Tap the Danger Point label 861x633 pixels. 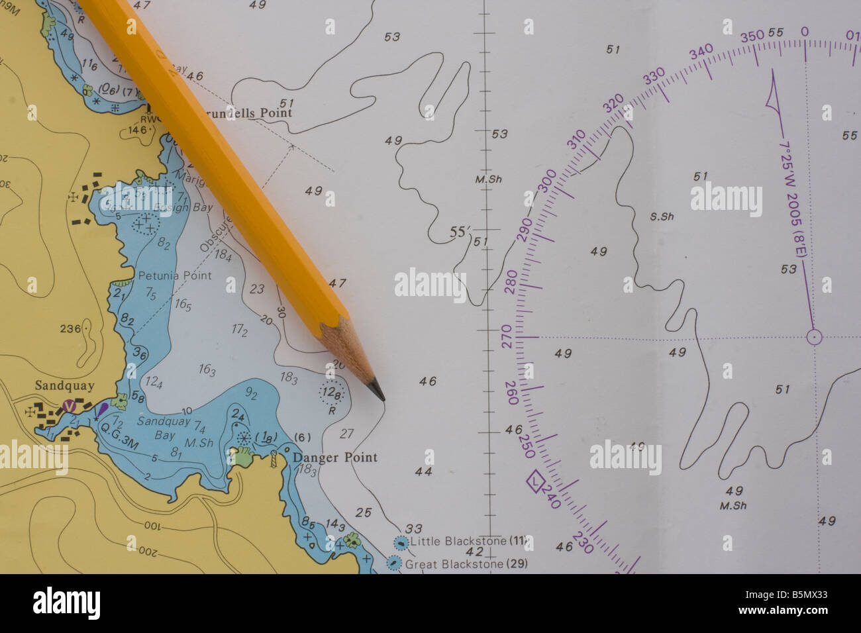point(335,458)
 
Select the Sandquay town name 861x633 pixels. point(64,385)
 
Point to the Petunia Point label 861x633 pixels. point(174,275)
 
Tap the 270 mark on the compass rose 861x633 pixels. point(507,331)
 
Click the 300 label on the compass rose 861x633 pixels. point(547,181)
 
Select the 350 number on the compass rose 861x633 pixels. point(752,36)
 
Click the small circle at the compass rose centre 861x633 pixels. point(814,337)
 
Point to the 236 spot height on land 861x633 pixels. point(70,328)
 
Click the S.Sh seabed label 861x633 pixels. point(662,216)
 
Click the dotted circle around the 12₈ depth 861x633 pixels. point(332,393)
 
